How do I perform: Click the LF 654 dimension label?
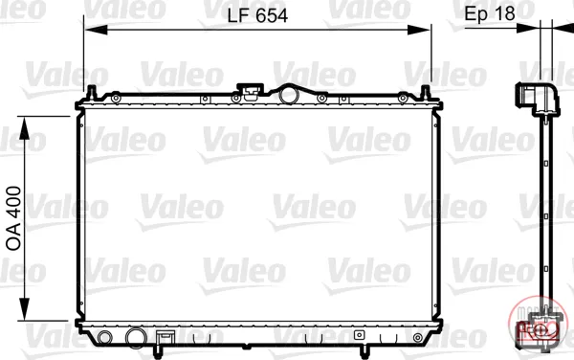(x=257, y=15)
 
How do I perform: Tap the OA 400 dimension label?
(x=14, y=218)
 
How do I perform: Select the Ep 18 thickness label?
(x=490, y=13)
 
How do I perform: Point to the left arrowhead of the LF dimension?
(x=96, y=30)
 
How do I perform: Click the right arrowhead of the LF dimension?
(x=419, y=30)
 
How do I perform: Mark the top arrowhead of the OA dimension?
(x=24, y=127)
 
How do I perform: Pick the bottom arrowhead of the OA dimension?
(x=24, y=309)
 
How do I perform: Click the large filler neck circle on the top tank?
(x=289, y=95)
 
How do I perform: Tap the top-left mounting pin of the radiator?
(x=91, y=93)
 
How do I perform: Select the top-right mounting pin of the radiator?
(x=426, y=93)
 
